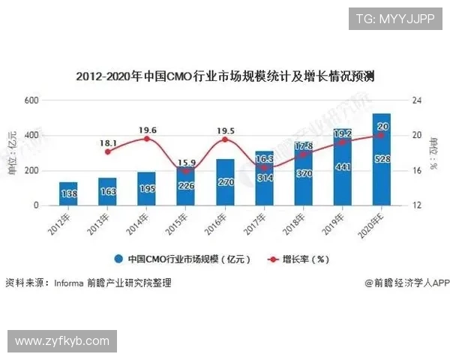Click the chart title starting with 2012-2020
pyautogui.click(x=225, y=76)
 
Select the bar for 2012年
pyautogui.click(x=68, y=193)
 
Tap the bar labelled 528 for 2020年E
pyautogui.click(x=382, y=159)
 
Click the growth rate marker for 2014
pyautogui.click(x=147, y=139)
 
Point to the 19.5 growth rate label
pyautogui.click(x=225, y=130)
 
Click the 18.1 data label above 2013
pyautogui.click(x=108, y=142)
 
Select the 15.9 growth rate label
pyautogui.click(x=186, y=163)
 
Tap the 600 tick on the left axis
pyautogui.click(x=31, y=100)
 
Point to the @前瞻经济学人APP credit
pyautogui.click(x=407, y=283)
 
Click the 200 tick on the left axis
pyautogui.click(x=31, y=170)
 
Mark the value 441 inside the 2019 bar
pyautogui.click(x=343, y=167)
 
